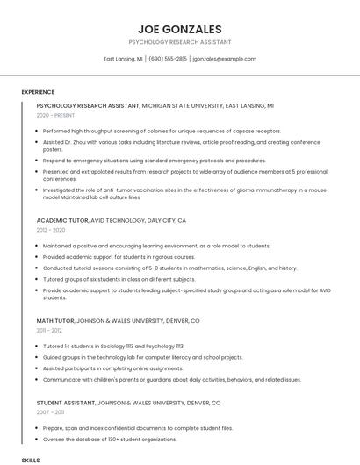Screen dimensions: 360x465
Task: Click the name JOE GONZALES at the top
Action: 180,29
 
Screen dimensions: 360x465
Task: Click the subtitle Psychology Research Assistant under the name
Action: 180,42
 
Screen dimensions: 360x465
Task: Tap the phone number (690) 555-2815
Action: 168,59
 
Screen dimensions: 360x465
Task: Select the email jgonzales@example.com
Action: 225,59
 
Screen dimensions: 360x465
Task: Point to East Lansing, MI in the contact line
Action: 123,59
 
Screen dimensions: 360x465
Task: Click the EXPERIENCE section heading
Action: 38,92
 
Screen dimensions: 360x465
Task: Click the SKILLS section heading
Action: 31,459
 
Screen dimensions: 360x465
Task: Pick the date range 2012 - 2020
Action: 51,230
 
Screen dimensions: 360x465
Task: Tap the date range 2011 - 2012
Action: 50,331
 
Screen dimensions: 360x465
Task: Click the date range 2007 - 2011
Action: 50,411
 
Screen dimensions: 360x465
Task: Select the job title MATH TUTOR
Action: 56,321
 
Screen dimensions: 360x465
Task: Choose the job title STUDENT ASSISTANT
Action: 67,402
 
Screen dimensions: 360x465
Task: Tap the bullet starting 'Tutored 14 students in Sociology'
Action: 113,347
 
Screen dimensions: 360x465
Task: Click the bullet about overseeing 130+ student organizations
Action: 110,438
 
